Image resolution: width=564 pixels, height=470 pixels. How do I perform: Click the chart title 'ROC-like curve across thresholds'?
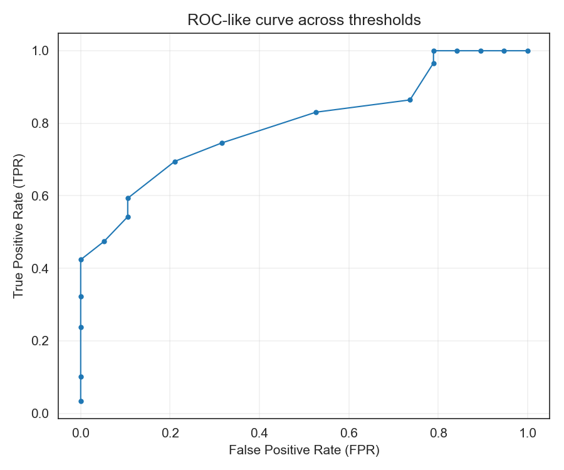[x=304, y=20]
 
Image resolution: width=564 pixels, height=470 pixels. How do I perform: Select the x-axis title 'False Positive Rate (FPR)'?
[x=304, y=450]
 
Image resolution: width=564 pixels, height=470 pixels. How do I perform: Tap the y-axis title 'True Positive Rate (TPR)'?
[x=18, y=225]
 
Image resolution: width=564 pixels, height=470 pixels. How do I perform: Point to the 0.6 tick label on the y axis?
[x=39, y=196]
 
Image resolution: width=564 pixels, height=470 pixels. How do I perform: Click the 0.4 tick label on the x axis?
[x=259, y=433]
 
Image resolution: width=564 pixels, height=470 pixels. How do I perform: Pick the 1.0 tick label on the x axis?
[x=528, y=433]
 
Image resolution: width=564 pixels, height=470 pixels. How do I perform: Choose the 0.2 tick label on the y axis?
[x=39, y=342]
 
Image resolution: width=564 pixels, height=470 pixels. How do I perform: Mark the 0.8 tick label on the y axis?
[x=39, y=123]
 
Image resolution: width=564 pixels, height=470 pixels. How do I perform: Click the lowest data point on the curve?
[x=81, y=401]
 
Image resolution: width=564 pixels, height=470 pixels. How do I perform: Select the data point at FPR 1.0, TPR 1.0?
[x=528, y=51]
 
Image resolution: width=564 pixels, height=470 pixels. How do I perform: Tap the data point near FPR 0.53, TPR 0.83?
[x=316, y=112]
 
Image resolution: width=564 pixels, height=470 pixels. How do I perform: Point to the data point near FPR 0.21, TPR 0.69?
[x=175, y=162]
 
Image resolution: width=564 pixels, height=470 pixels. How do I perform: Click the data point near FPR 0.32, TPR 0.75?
[x=222, y=143]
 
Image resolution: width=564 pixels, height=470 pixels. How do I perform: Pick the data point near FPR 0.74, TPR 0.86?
[x=410, y=100]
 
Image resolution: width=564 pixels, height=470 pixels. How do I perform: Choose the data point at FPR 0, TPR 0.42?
[x=81, y=259]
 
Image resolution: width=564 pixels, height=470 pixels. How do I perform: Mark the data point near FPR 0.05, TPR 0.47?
[x=104, y=241]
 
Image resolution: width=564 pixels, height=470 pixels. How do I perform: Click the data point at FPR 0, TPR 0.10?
[x=81, y=377]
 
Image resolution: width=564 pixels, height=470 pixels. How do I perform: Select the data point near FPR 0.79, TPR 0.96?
[x=434, y=63]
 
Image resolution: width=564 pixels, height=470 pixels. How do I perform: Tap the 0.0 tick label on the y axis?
[x=39, y=414]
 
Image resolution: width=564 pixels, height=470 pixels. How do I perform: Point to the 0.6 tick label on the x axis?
[x=349, y=433]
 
